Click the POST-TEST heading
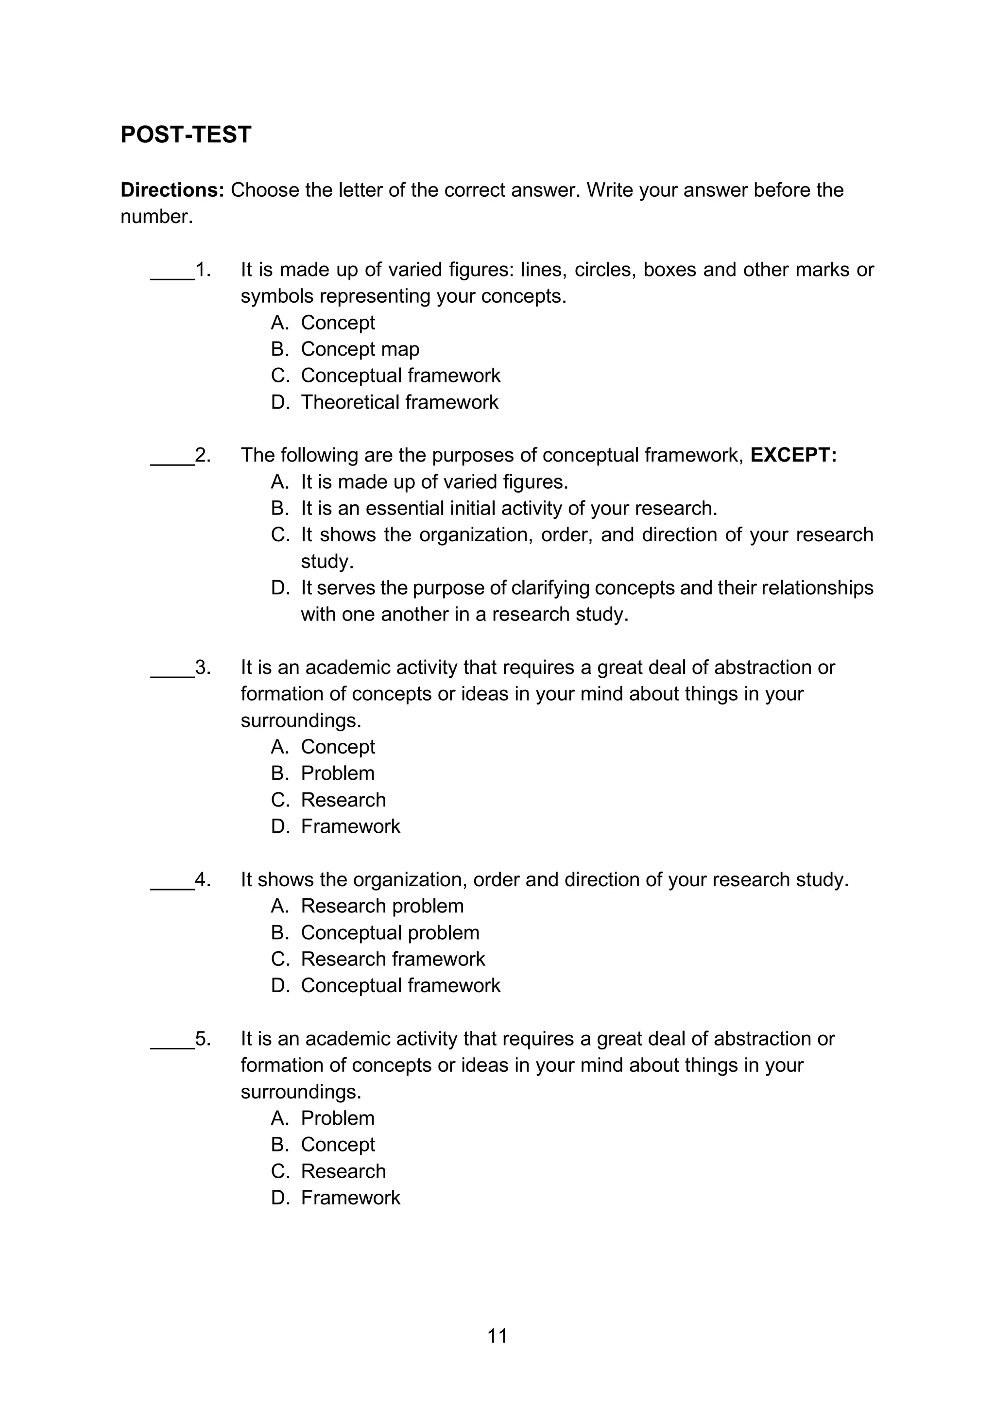pos(186,135)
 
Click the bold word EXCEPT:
pos(793,455)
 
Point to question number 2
pos(202,455)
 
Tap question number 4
pos(202,879)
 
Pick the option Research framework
pos(392,959)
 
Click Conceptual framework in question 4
pos(400,985)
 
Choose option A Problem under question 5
pos(337,1118)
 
